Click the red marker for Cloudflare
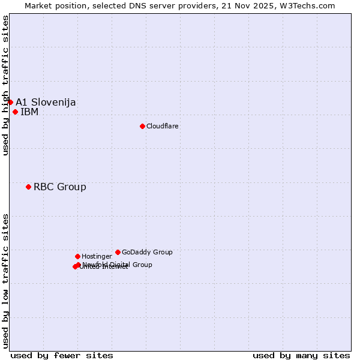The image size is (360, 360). pyautogui.click(x=142, y=126)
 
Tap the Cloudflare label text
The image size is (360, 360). pyautogui.click(x=163, y=126)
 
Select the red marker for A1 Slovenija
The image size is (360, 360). pyautogui.click(x=10, y=102)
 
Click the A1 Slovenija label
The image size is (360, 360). pyautogui.click(x=46, y=102)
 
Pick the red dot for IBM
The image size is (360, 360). pyautogui.click(x=15, y=112)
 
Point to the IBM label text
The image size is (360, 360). pyautogui.click(x=29, y=112)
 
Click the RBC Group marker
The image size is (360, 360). pyautogui.click(x=28, y=187)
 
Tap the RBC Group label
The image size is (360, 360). pyautogui.click(x=60, y=187)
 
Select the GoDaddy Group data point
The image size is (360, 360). pyautogui.click(x=118, y=252)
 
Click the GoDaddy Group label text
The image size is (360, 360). pyautogui.click(x=147, y=252)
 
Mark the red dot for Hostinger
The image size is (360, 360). pyautogui.click(x=77, y=256)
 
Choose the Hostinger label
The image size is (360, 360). pyautogui.click(x=97, y=256)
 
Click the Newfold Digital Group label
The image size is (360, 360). pyautogui.click(x=118, y=265)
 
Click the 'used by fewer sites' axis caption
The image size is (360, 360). pyautogui.click(x=62, y=355)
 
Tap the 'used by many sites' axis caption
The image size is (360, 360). pyautogui.click(x=301, y=355)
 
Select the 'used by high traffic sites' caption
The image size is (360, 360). pyautogui.click(x=5, y=85)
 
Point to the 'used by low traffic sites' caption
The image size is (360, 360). pyautogui.click(x=5, y=280)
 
